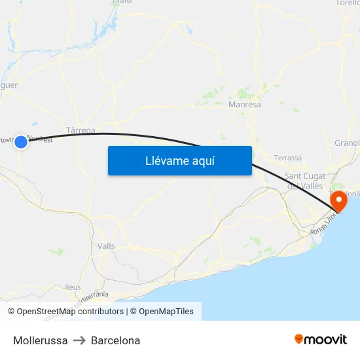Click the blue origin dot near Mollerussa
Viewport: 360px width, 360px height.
point(21,141)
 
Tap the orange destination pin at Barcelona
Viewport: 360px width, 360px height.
point(340,198)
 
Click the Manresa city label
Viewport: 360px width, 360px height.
point(245,104)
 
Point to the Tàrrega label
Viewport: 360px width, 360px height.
point(81,130)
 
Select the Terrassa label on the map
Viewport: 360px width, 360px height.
point(288,158)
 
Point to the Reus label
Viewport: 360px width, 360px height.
point(73,287)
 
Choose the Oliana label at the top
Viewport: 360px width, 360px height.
point(122,2)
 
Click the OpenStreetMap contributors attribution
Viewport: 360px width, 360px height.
point(70,312)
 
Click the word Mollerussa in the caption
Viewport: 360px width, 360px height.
point(40,340)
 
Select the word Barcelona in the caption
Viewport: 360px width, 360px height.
point(115,340)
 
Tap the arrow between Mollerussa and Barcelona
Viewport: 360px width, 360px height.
point(79,340)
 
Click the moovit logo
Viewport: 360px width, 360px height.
point(320,339)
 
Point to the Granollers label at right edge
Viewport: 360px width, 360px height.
point(347,143)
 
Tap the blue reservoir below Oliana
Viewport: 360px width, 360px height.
point(109,29)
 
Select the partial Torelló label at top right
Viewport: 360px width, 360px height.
point(348,3)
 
